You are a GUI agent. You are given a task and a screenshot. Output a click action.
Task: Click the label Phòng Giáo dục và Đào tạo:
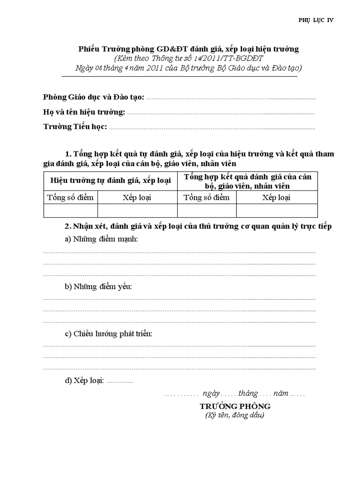tap(94, 97)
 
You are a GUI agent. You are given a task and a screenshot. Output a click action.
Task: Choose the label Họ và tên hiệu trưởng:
tap(84, 112)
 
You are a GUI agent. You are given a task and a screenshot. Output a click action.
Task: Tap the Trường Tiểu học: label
tap(75, 127)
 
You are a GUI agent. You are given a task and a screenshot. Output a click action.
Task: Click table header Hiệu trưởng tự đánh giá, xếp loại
tap(110, 180)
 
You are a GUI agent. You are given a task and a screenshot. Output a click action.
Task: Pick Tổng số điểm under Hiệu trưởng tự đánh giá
tap(70, 197)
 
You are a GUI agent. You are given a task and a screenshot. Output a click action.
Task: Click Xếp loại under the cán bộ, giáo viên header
tap(276, 197)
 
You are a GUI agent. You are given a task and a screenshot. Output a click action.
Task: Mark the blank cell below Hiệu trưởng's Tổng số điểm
tap(71, 211)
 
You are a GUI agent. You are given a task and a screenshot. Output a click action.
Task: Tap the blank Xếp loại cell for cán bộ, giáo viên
tap(277, 211)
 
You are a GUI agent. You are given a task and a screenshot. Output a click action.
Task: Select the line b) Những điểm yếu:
tap(98, 287)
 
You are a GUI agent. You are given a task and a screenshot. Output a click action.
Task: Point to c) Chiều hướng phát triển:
tap(109, 334)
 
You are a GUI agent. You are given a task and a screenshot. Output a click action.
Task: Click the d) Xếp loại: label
tap(84, 381)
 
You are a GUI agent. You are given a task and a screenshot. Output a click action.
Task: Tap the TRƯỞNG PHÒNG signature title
tap(235, 406)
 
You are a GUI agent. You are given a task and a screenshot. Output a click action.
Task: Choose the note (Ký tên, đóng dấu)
tap(235, 415)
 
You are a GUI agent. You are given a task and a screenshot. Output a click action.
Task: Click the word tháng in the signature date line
tap(248, 393)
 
